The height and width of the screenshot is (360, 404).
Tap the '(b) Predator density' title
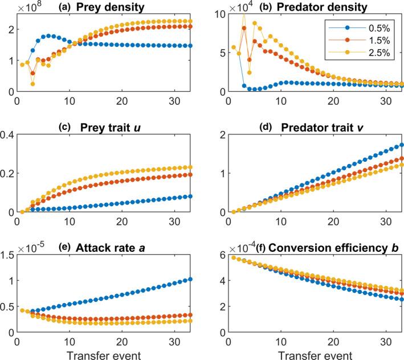click(x=310, y=7)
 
